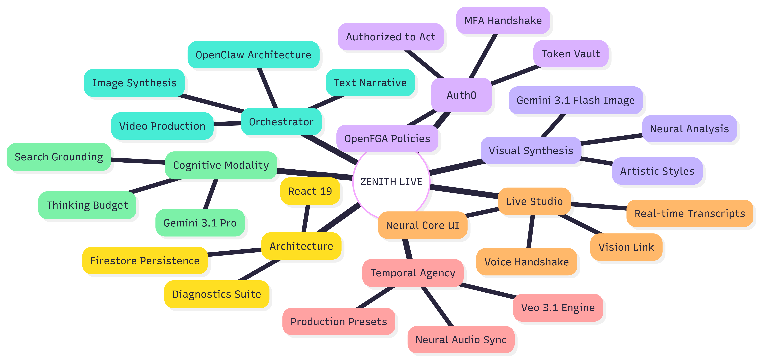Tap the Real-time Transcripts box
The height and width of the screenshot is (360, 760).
690,213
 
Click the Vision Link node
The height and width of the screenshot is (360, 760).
626,247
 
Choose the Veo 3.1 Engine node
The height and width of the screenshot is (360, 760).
558,307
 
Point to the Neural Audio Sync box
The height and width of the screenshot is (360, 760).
461,340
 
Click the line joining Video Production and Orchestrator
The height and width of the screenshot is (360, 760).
227,124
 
